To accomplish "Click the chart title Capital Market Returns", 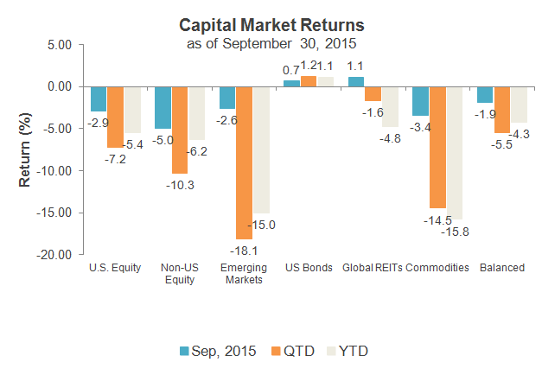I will click(x=271, y=25).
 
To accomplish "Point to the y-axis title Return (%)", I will click(x=25, y=152).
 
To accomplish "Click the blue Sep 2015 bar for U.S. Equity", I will click(x=99, y=99).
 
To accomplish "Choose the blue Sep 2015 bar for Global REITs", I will click(x=355, y=82).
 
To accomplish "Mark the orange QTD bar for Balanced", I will click(x=501, y=110).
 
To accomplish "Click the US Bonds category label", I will click(x=309, y=268).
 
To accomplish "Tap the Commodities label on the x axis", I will click(x=437, y=268).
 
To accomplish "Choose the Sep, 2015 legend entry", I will click(x=216, y=351).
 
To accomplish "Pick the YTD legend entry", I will click(x=354, y=351).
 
